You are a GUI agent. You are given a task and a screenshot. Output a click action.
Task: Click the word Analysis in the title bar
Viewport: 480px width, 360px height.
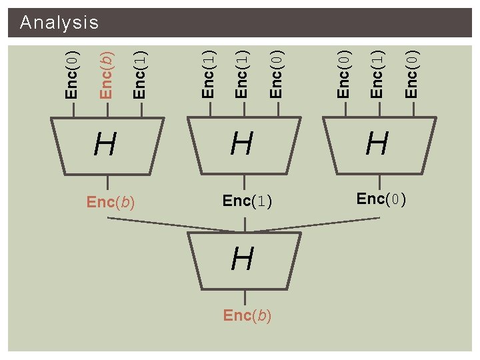tap(59, 23)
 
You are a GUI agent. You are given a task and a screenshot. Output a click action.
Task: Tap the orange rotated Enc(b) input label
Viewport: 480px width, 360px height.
tap(106, 73)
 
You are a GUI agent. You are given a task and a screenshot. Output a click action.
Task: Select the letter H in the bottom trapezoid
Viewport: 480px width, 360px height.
tap(243, 259)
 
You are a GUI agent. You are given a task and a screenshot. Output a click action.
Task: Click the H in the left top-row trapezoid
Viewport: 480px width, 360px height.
tap(106, 143)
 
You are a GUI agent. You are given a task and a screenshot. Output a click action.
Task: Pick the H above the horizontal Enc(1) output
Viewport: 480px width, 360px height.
tap(242, 143)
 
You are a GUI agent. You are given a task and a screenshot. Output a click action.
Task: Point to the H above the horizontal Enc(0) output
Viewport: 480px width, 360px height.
tap(377, 143)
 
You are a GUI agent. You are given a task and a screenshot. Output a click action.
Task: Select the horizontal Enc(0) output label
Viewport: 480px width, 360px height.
tap(381, 199)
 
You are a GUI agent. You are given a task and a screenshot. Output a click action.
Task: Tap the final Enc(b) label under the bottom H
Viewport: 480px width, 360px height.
tap(247, 315)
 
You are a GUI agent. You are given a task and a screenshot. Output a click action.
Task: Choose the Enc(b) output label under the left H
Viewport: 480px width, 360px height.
tap(111, 202)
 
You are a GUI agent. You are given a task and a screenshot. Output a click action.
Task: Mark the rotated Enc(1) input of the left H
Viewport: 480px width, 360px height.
tap(140, 74)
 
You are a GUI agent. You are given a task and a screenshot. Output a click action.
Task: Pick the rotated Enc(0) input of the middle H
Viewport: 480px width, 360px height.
tap(277, 74)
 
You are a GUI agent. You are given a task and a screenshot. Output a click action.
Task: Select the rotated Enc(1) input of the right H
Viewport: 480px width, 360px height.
tap(377, 74)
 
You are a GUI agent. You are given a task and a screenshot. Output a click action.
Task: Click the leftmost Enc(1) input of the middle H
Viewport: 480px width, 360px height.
tap(209, 74)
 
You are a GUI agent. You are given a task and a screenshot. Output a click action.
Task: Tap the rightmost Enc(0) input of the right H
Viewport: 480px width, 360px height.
tap(412, 74)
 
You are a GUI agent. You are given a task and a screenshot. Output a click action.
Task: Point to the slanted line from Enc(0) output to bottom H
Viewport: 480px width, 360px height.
tap(313, 225)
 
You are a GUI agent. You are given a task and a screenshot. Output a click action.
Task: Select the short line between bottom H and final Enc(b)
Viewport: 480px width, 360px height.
tap(245, 298)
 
